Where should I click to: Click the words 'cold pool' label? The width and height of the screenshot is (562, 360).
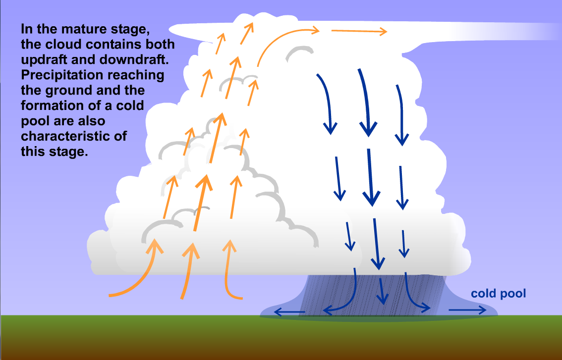click(498, 294)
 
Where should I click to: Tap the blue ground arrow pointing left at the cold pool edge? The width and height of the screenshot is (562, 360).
click(290, 312)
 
